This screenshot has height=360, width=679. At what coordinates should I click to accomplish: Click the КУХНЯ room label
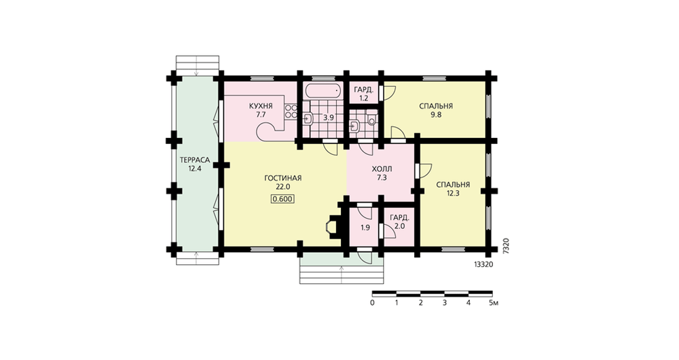(261, 106)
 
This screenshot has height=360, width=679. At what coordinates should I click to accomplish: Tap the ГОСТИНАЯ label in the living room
(282, 178)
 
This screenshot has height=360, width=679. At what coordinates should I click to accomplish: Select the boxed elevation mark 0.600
(282, 199)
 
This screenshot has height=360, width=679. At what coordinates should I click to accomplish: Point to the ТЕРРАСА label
(195, 160)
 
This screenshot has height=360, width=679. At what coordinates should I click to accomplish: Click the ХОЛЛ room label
(382, 169)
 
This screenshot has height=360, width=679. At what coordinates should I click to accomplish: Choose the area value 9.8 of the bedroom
(436, 115)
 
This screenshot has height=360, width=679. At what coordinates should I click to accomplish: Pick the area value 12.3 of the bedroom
(453, 194)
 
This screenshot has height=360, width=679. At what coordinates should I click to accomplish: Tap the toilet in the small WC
(371, 118)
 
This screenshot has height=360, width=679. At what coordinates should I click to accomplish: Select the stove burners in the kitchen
(291, 111)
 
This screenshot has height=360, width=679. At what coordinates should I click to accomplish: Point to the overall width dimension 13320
(484, 264)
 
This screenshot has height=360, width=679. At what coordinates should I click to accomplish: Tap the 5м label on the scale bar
(494, 303)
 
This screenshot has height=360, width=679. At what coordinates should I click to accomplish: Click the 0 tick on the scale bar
(372, 303)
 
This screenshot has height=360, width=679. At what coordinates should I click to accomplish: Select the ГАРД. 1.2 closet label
(364, 94)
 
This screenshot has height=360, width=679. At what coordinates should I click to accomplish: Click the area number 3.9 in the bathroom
(329, 118)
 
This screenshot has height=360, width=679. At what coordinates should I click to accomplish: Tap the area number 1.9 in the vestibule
(365, 228)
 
